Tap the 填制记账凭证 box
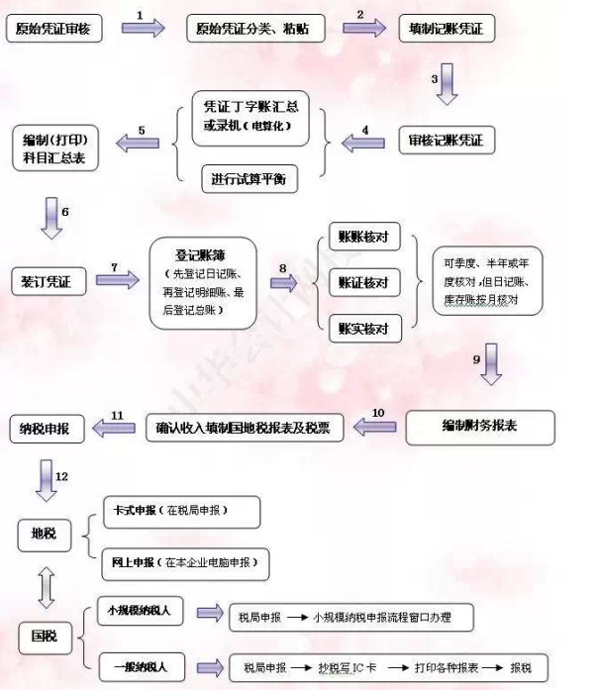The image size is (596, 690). (446, 29)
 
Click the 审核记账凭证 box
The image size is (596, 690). (446, 142)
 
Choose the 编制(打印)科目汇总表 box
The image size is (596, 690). (56, 147)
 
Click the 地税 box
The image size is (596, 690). (44, 535)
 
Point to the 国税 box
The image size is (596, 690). (44, 635)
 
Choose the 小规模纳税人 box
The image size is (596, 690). (141, 611)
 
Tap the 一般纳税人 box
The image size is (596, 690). (141, 664)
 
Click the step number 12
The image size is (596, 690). (61, 477)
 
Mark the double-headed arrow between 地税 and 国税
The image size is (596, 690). (44, 586)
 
